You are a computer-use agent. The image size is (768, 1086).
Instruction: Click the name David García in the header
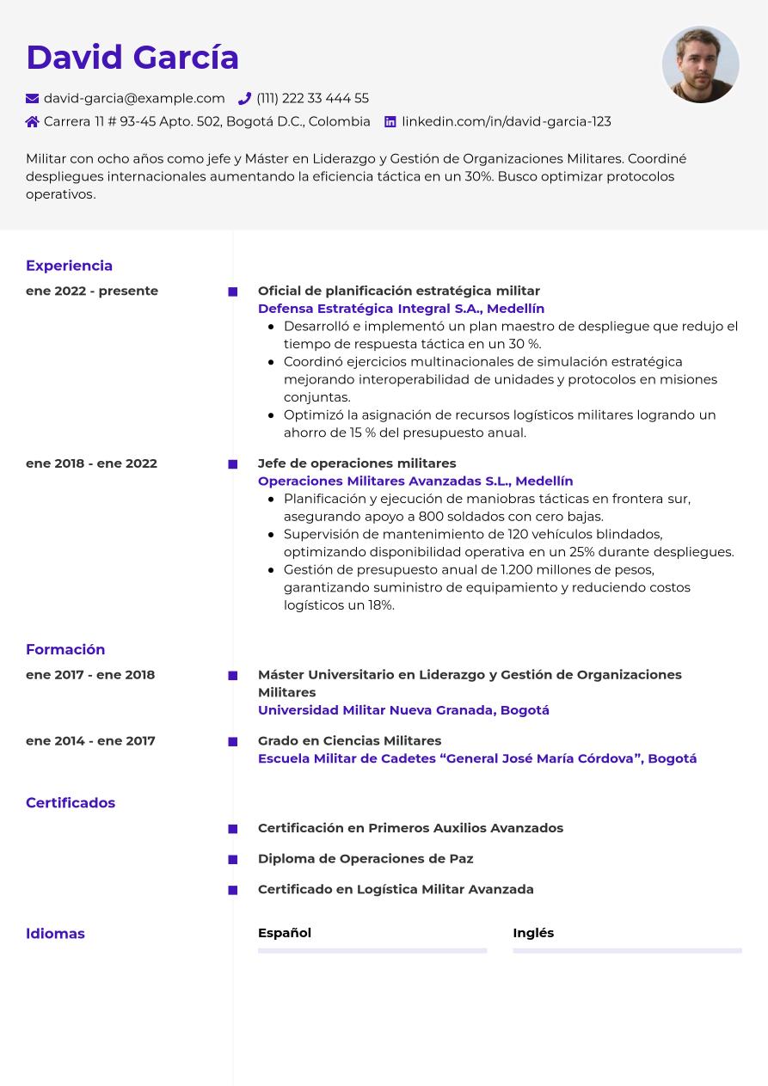(x=132, y=58)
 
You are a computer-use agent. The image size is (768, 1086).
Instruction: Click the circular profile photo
(x=700, y=64)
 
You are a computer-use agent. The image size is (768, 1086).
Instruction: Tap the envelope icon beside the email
(x=33, y=99)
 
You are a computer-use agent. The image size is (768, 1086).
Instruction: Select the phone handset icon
(x=244, y=99)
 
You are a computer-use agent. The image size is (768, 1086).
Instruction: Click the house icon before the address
(x=33, y=122)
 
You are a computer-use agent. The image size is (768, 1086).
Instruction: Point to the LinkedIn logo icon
(x=390, y=122)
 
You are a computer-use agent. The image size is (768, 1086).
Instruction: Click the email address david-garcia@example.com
(x=134, y=99)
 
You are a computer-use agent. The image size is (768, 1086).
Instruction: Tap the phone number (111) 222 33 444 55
(x=312, y=99)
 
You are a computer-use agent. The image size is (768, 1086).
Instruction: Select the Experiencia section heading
(x=69, y=266)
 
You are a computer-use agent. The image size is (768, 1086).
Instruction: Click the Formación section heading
(x=65, y=649)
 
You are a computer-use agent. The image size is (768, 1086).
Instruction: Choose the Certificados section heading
(x=71, y=802)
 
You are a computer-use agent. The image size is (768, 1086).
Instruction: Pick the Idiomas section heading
(x=55, y=933)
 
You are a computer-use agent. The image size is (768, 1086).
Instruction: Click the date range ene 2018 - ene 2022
(x=91, y=463)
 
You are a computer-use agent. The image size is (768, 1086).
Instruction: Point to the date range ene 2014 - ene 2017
(x=90, y=740)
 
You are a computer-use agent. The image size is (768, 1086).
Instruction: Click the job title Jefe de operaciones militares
(x=357, y=463)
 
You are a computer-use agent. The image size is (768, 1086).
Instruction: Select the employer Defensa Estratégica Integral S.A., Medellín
(x=401, y=309)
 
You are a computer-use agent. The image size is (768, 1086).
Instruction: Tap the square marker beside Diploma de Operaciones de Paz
(x=233, y=860)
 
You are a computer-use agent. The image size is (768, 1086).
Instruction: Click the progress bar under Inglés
(x=627, y=951)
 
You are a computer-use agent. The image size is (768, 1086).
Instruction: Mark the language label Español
(x=285, y=933)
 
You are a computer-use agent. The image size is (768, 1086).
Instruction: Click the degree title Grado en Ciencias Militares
(x=349, y=740)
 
